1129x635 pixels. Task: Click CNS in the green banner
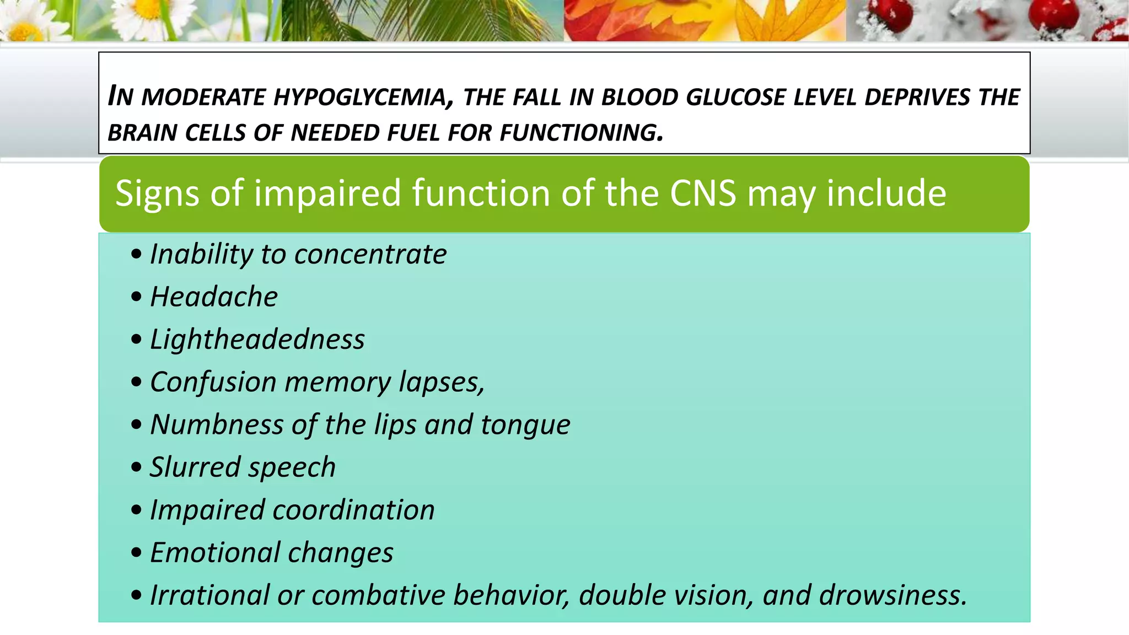tap(703, 193)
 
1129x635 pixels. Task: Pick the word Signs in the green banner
tap(157, 193)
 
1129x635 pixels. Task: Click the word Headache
tap(214, 297)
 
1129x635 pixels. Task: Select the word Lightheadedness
tap(257, 340)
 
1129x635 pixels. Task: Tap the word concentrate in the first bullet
tap(370, 255)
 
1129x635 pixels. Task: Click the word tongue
tap(525, 425)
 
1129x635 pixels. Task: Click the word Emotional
tap(214, 553)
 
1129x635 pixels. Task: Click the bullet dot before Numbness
tap(136, 425)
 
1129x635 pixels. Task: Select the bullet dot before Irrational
tap(136, 595)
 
